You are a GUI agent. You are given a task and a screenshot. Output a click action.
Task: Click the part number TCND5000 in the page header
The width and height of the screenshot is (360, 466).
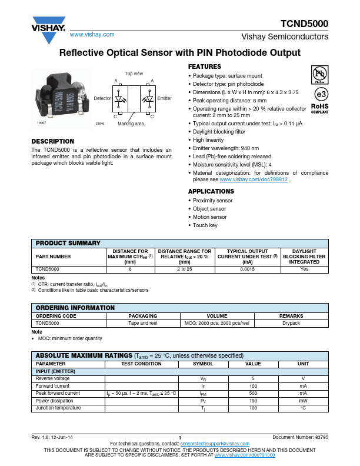point(304,24)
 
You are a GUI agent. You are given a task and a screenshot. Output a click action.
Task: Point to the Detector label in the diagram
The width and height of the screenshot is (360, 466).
point(102,98)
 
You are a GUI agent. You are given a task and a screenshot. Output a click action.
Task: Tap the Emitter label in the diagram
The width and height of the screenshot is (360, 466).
point(165,98)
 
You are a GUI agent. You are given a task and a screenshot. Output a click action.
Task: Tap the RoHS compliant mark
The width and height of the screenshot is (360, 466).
point(319,109)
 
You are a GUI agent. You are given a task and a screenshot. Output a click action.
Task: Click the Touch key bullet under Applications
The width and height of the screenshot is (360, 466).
point(205,225)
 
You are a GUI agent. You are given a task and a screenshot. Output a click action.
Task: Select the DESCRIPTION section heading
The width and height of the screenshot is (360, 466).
point(53,141)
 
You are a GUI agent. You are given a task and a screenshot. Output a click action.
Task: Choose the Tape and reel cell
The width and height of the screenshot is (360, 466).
point(142,323)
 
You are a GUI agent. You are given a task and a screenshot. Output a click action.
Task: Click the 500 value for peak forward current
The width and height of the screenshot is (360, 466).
point(253,393)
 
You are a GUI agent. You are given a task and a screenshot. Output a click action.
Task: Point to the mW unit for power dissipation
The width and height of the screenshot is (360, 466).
point(303,400)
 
